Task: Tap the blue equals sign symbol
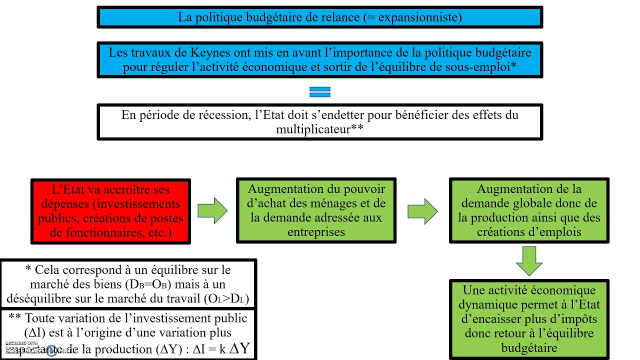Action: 320,92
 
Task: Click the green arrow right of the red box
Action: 212,210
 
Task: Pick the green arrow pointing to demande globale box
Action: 422,210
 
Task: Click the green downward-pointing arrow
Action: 529,260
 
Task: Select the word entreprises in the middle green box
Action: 316,232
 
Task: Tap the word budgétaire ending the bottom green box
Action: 529,347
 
